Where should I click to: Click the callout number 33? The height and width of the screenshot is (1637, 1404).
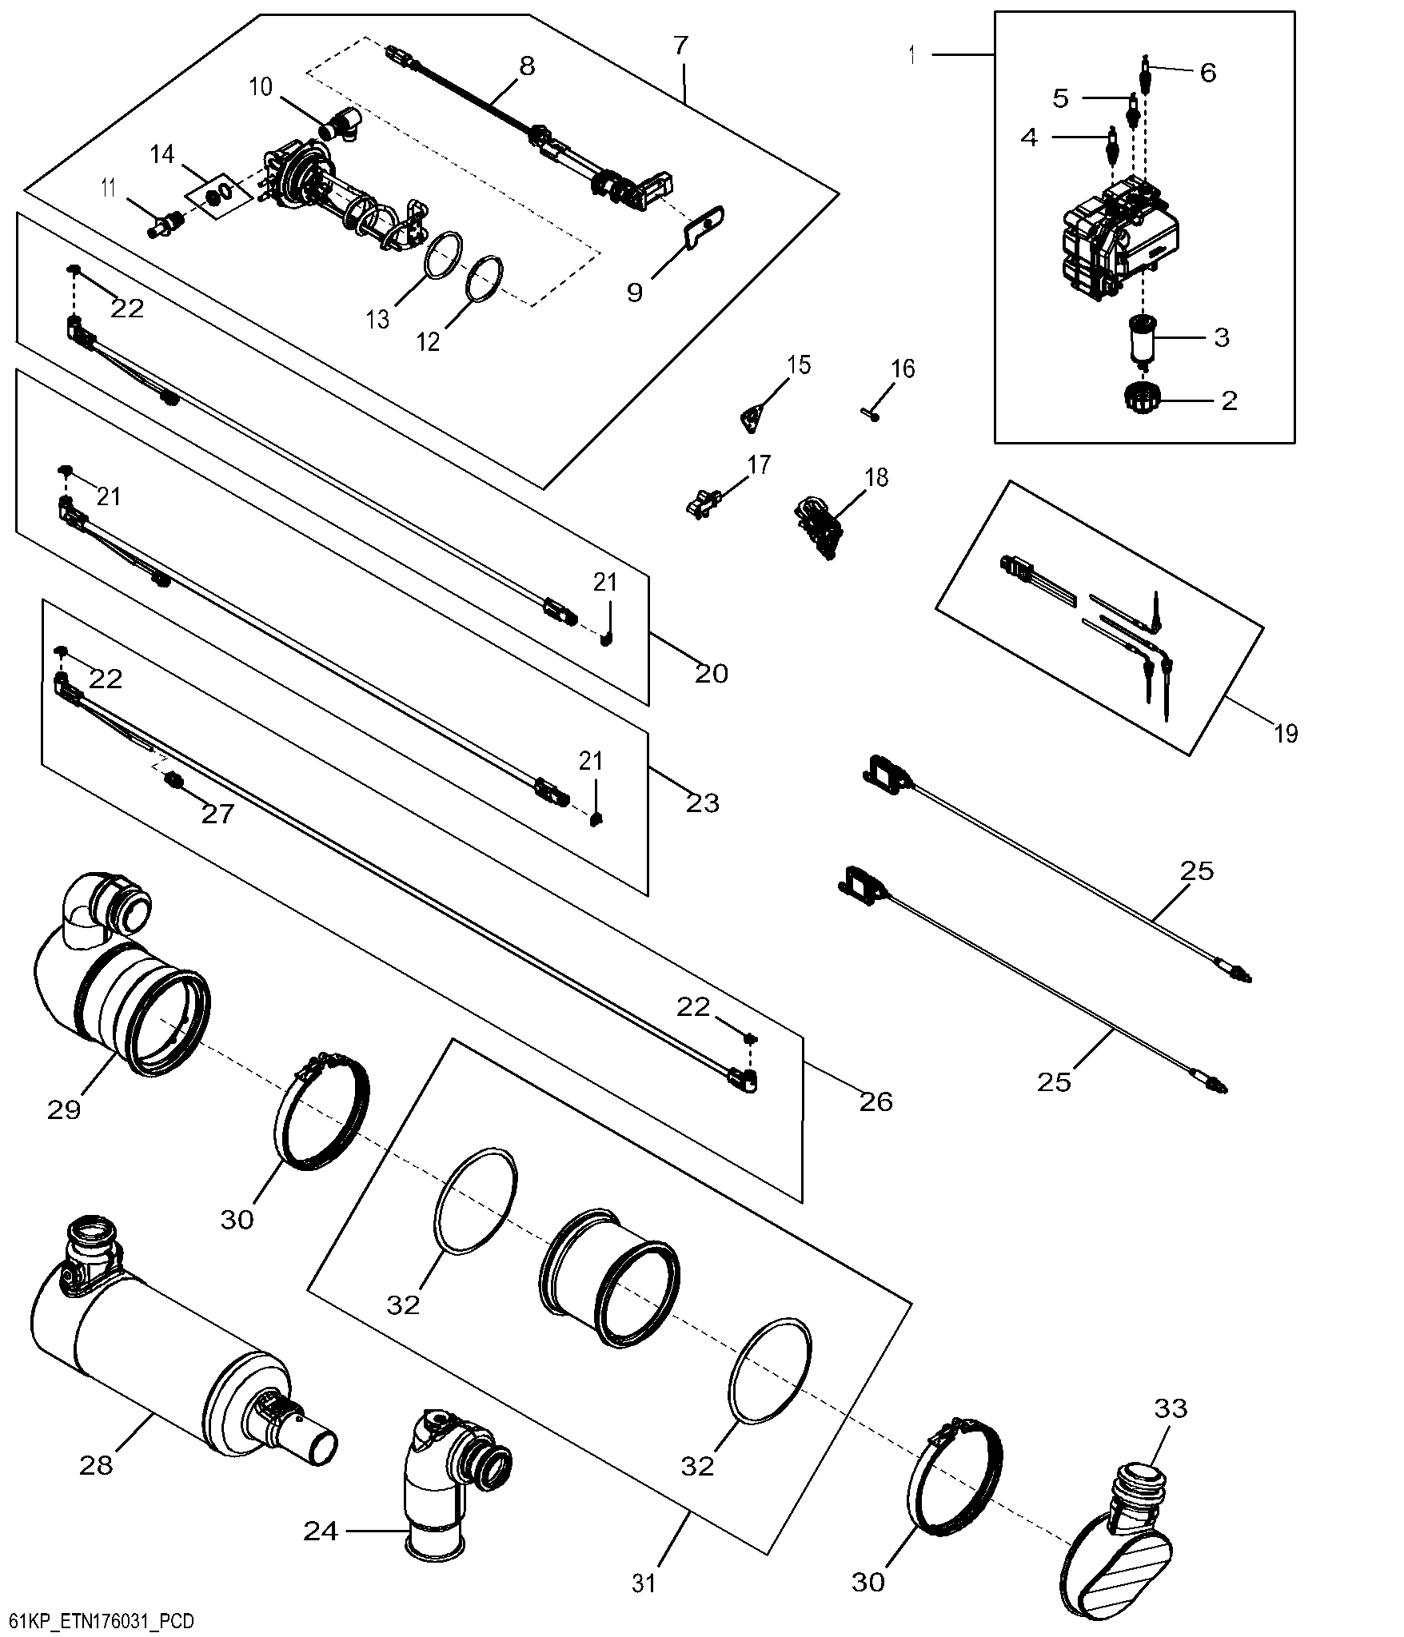coord(1171,1431)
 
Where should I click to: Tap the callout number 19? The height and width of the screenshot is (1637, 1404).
coord(1286,733)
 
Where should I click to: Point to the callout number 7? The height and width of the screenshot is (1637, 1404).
coord(680,45)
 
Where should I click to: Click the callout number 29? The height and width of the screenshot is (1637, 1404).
coord(65,1109)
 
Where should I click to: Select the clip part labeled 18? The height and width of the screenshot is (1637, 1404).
coord(817,528)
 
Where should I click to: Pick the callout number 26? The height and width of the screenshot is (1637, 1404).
coord(876,1101)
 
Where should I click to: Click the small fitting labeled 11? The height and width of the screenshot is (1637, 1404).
coord(164,226)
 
